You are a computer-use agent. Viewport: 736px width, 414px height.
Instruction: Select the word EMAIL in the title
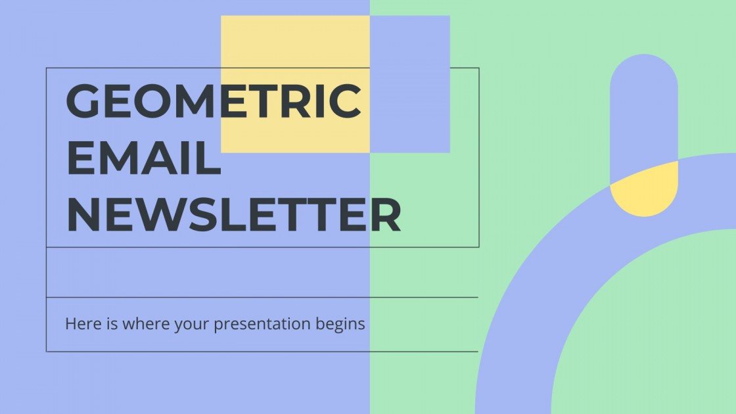(143, 159)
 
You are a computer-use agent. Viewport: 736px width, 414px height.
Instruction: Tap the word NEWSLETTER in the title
(233, 215)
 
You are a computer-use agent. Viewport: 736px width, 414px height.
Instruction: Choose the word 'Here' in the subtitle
(80, 323)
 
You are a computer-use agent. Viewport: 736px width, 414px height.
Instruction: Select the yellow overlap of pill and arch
(644, 191)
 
